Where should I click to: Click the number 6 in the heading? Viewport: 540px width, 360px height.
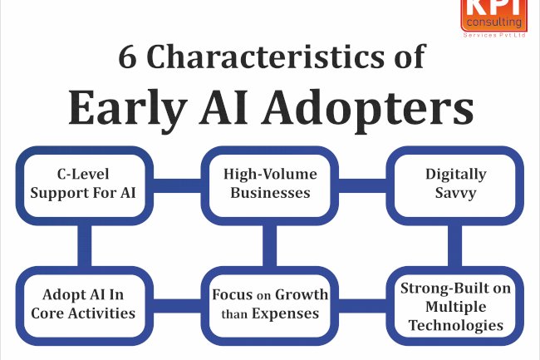click(128, 58)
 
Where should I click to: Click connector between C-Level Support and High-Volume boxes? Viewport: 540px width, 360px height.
click(172, 184)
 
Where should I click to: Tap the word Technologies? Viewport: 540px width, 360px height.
click(455, 325)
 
